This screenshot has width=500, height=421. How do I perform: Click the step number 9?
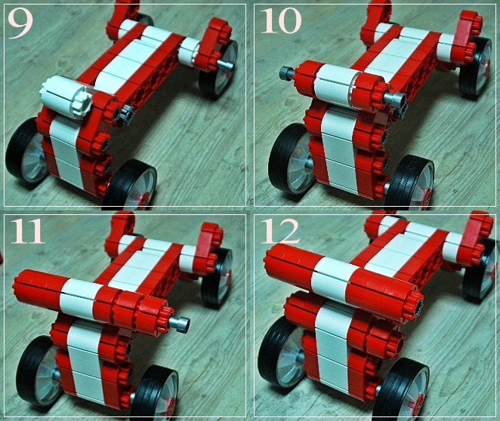pyautogui.click(x=20, y=24)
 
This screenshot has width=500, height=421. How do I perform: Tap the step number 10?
pyautogui.click(x=281, y=21)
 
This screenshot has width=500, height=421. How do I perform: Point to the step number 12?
pyautogui.click(x=280, y=231)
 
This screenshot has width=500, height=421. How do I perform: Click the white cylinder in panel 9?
pyautogui.click(x=66, y=97)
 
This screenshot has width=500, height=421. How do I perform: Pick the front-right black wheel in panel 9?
pyautogui.click(x=131, y=184)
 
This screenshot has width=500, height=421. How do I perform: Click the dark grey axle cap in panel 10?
pyautogui.click(x=286, y=73)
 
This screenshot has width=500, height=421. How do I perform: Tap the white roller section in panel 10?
pyautogui.click(x=335, y=83)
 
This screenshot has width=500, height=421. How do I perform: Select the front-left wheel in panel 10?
pyautogui.click(x=289, y=159)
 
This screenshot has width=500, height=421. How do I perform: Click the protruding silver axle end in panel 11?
pyautogui.click(x=180, y=323)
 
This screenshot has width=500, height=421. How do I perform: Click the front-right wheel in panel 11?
pyautogui.click(x=156, y=394)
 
